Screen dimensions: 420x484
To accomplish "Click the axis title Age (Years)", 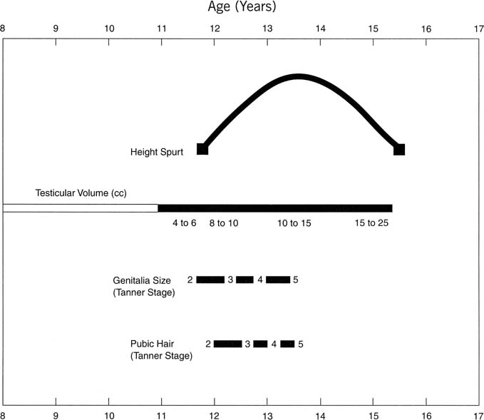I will click(x=242, y=8).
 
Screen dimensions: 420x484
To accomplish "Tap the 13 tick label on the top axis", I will click(x=267, y=29).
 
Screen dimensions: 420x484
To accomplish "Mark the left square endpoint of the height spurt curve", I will click(x=202, y=149).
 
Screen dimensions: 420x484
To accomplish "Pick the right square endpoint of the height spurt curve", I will click(x=399, y=149).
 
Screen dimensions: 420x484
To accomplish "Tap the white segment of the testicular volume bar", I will click(x=80, y=208).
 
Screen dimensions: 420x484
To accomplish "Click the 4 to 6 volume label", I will click(x=184, y=223).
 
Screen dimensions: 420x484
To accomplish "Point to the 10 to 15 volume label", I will click(x=295, y=223).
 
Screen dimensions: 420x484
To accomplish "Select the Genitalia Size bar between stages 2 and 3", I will click(x=210, y=280).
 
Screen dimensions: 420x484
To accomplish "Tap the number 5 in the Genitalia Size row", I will click(x=295, y=280).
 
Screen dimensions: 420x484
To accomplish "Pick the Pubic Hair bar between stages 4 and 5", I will click(x=287, y=344).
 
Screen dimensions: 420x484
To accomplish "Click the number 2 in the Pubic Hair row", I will click(x=207, y=344).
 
